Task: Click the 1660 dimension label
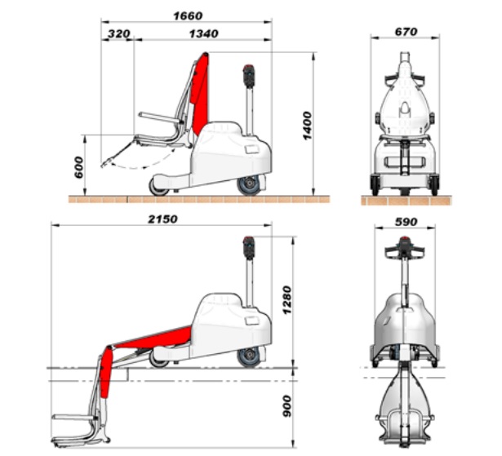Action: (x=188, y=16)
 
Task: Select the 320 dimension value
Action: (x=119, y=33)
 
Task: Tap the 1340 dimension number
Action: (x=204, y=33)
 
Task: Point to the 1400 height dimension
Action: (x=307, y=126)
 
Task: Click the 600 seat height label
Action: (x=78, y=167)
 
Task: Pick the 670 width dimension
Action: (x=406, y=32)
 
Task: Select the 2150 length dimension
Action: (x=162, y=219)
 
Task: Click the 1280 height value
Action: (x=287, y=300)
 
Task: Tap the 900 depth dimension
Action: (x=287, y=406)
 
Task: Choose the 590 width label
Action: (x=406, y=221)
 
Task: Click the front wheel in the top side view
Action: (x=158, y=187)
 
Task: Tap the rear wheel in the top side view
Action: (x=250, y=185)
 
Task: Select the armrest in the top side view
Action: (x=159, y=117)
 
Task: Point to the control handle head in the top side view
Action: (x=248, y=75)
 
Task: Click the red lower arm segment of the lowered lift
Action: (x=105, y=372)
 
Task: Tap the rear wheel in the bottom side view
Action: (x=250, y=356)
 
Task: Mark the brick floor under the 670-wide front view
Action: (x=406, y=201)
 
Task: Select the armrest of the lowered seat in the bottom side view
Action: (x=74, y=418)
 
